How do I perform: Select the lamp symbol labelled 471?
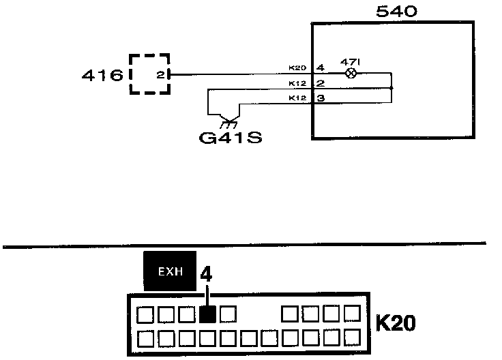[x=351, y=73]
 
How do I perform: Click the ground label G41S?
[x=230, y=138]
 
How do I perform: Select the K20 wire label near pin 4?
[x=297, y=67]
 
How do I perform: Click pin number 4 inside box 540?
[x=320, y=68]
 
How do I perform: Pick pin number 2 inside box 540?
[x=320, y=83]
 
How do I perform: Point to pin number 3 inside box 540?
[x=320, y=98]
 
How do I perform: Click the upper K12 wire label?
[x=297, y=83]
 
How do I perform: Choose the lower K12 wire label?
[x=297, y=98]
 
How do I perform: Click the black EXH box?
[x=168, y=271]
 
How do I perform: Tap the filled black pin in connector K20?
[x=209, y=314]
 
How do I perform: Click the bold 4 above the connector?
[x=207, y=275]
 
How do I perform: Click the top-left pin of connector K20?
[x=145, y=314]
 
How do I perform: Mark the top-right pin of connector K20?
[x=352, y=314]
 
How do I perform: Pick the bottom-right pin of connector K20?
[x=352, y=337]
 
